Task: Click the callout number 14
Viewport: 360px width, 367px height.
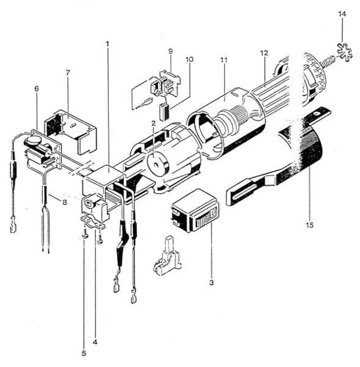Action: click(x=342, y=14)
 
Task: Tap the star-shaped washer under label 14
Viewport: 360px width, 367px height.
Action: click(x=345, y=52)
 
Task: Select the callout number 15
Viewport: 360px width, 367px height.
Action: click(x=309, y=225)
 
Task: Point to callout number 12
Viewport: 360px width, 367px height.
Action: click(x=264, y=53)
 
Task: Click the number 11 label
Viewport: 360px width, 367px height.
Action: click(x=224, y=61)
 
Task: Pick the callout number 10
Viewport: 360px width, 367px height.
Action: click(x=189, y=59)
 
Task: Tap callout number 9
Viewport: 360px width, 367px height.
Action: click(x=171, y=51)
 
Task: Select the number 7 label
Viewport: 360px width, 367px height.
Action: click(x=68, y=73)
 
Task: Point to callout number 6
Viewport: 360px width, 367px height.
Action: click(x=37, y=89)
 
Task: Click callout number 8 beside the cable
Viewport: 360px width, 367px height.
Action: click(x=65, y=202)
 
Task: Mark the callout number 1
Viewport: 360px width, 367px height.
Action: click(x=108, y=44)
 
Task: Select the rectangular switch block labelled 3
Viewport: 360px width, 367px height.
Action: click(x=196, y=210)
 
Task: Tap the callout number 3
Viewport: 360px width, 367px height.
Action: click(x=211, y=283)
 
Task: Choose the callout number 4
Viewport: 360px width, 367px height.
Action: click(x=95, y=342)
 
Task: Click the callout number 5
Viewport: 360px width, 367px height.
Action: click(x=84, y=353)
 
